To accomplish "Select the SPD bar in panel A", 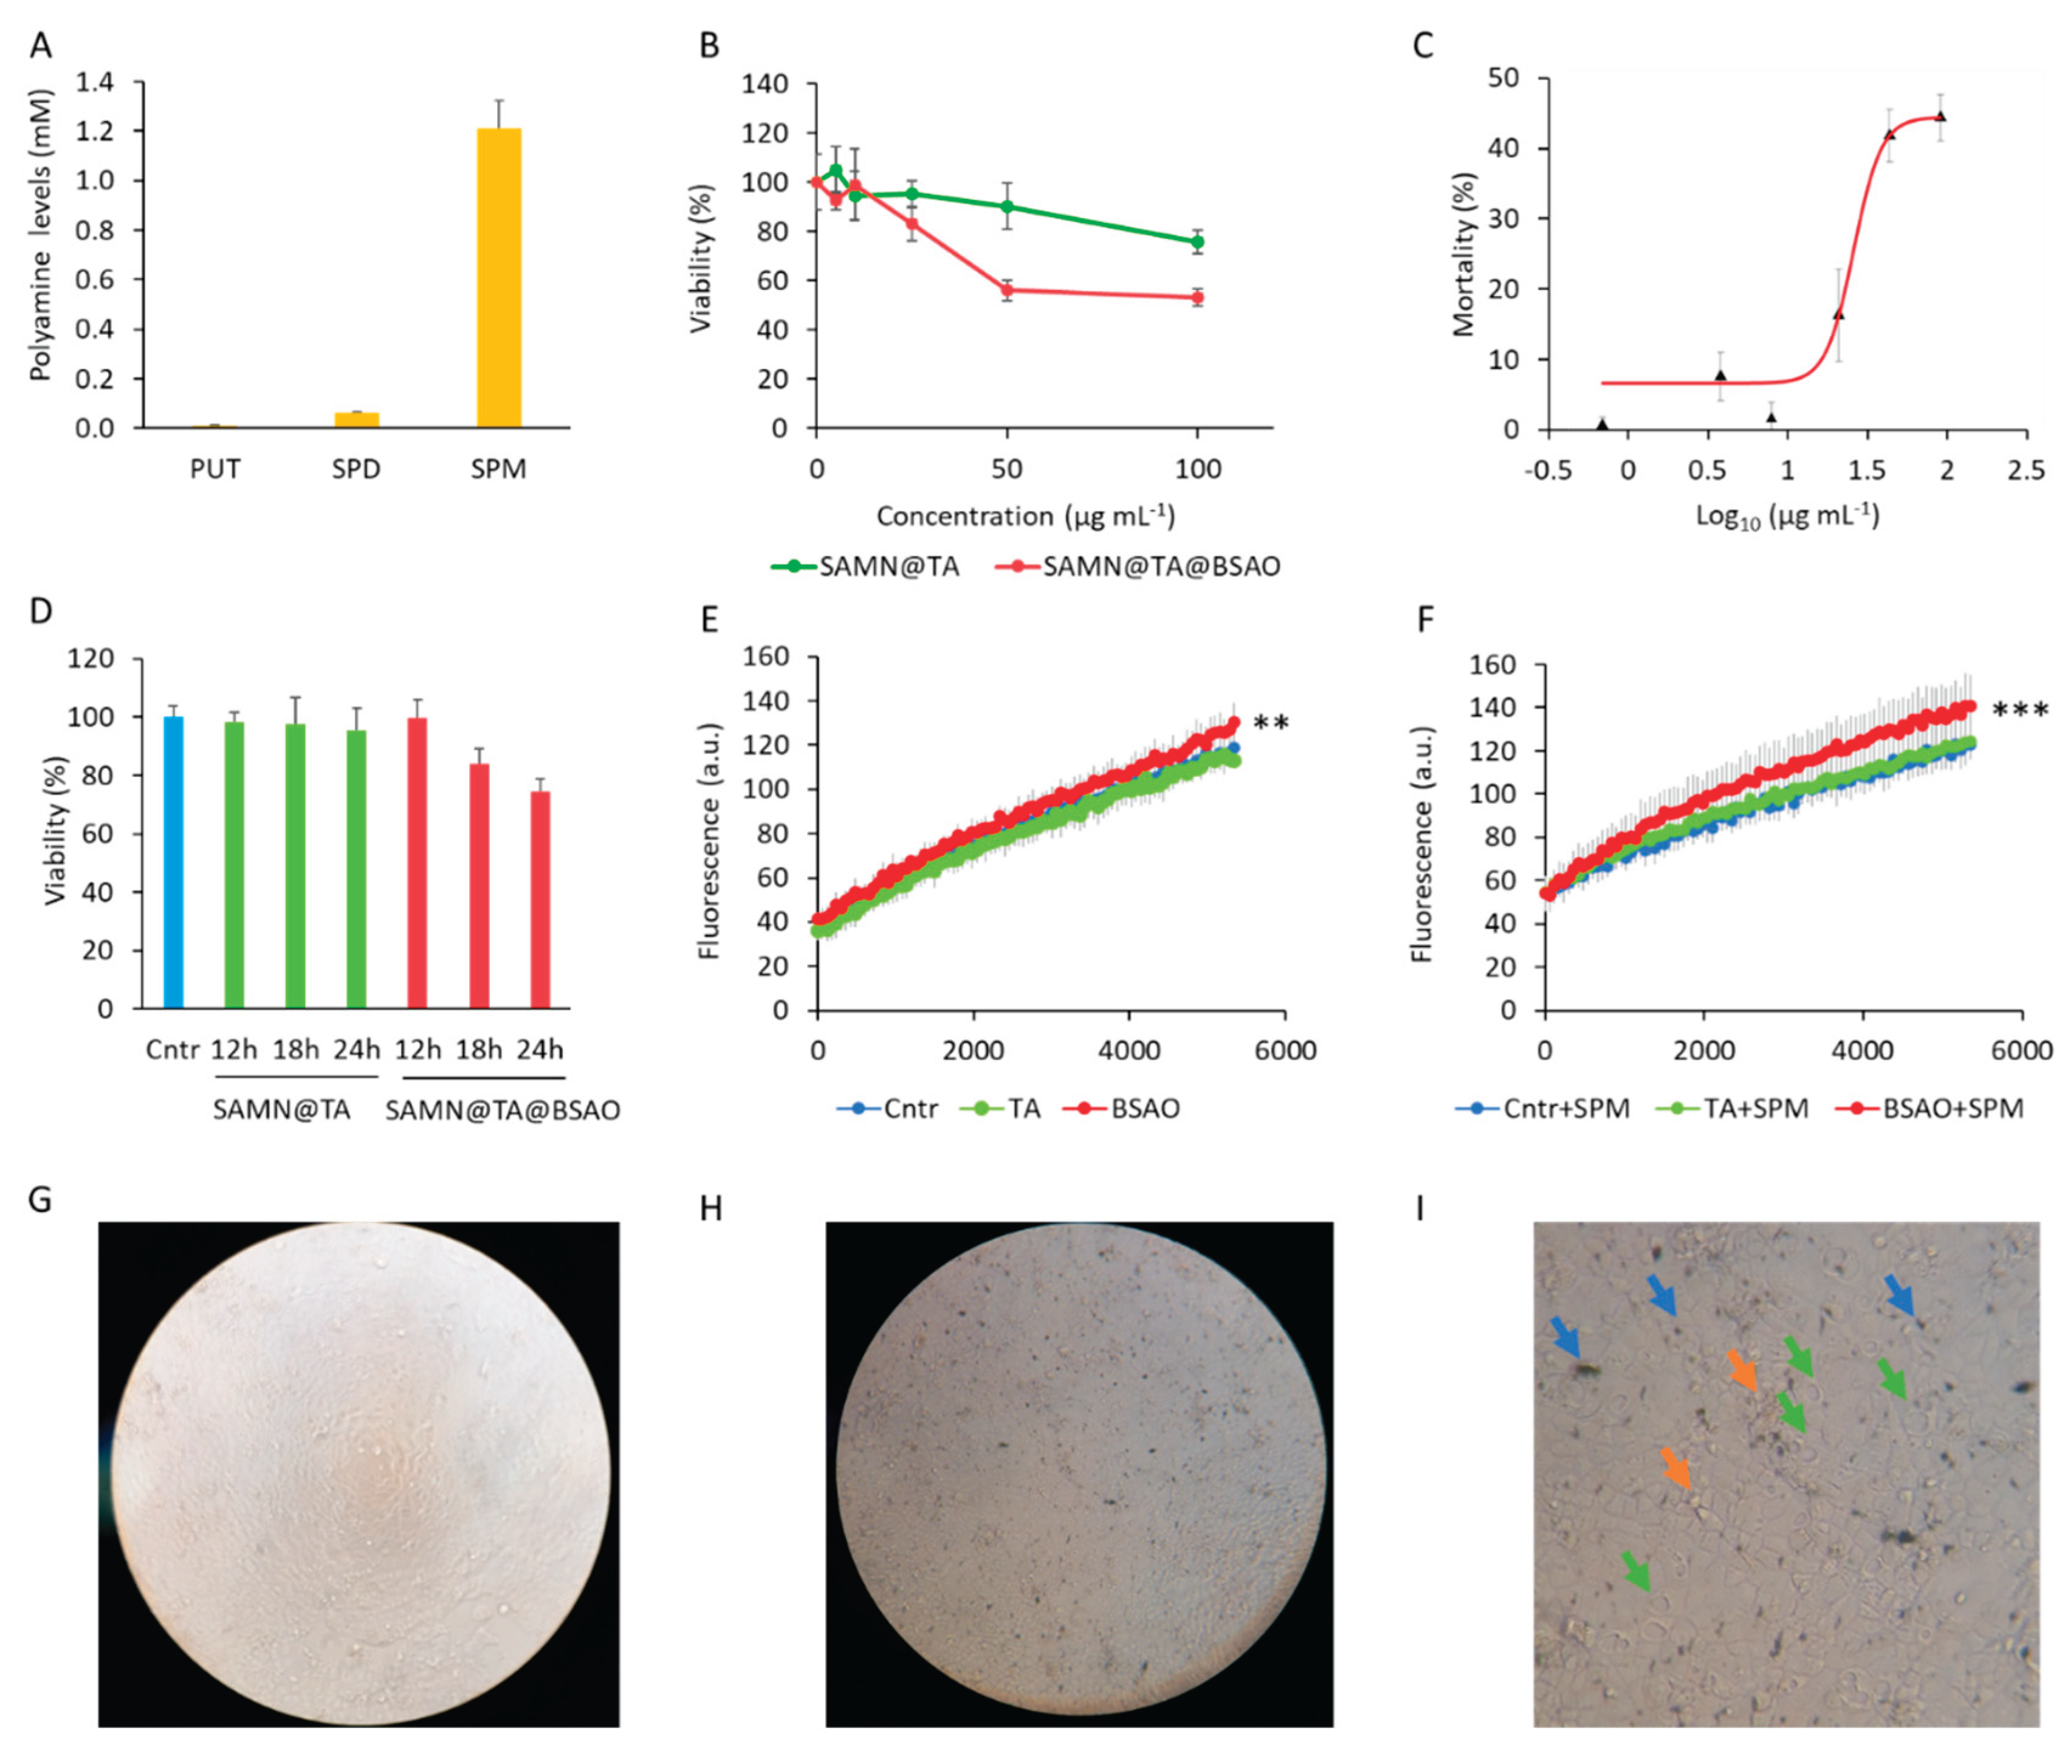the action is pyautogui.click(x=356, y=420).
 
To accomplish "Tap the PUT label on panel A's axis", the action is pyautogui.click(x=215, y=469).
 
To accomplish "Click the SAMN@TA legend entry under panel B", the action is pyautogui.click(x=866, y=566).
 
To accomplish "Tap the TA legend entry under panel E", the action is pyautogui.click(x=1000, y=1108).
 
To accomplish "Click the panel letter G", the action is pyautogui.click(x=40, y=1199).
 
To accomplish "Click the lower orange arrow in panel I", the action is pyautogui.click(x=1677, y=1468).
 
